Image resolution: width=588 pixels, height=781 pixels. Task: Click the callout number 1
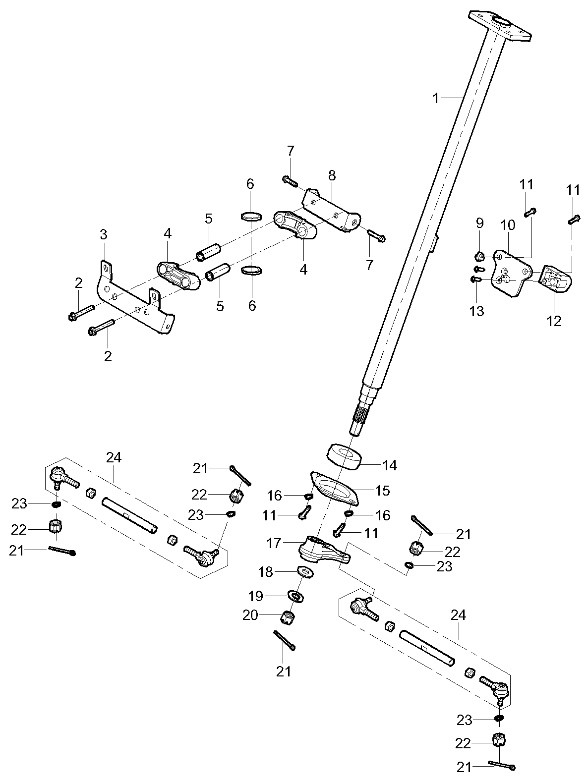pos(436,99)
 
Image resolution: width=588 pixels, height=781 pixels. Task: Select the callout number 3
pos(103,235)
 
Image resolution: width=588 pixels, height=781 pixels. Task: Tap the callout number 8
pos(332,175)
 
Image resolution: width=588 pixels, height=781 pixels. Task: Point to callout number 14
pos(390,465)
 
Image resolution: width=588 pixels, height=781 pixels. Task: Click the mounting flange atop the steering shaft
pos(500,25)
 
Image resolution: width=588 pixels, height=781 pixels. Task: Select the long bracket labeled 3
pos(134,298)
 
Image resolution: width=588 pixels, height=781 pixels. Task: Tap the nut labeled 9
pos(480,256)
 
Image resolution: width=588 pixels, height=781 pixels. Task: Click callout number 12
pos(554,321)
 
